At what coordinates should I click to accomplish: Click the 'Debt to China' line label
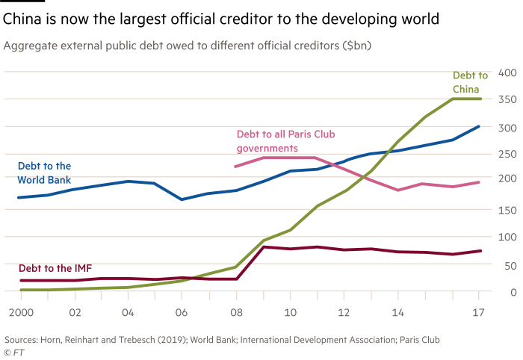[x=470, y=81]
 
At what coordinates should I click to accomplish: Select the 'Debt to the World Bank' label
[x=44, y=173]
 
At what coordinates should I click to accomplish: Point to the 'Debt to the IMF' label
[x=55, y=268]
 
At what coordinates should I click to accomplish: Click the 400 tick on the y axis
[x=508, y=73]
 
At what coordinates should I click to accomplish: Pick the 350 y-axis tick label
[x=508, y=99]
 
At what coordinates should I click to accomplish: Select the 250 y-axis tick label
[x=508, y=155]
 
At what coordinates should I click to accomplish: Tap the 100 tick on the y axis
[x=508, y=238]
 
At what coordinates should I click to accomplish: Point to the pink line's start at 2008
[x=235, y=167]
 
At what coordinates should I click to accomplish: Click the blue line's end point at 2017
[x=480, y=126]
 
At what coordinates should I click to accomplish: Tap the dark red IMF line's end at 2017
[x=480, y=251]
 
